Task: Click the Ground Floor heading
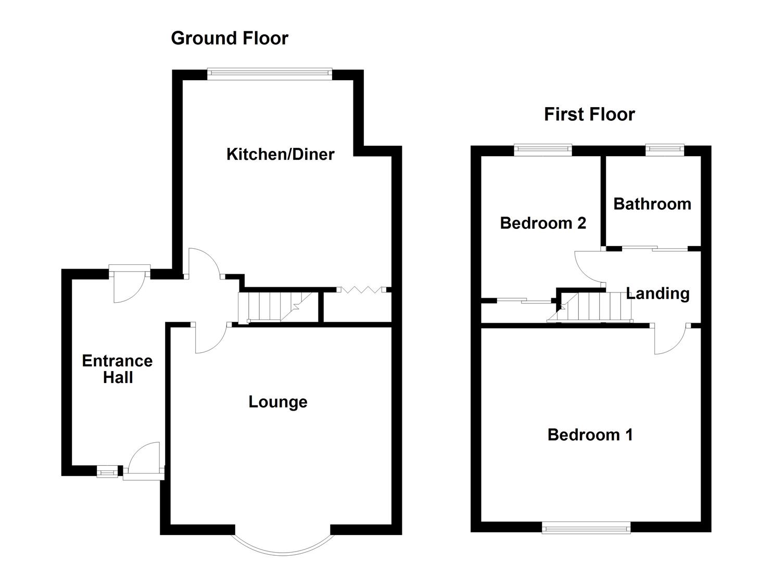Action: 229,38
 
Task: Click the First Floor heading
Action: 589,114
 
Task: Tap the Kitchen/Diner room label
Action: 280,154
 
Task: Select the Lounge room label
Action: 277,402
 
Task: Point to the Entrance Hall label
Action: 117,369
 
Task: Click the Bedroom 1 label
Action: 590,435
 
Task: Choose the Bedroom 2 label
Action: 543,223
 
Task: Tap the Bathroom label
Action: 652,203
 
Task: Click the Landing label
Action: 658,293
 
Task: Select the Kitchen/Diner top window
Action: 269,74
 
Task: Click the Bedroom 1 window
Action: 586,528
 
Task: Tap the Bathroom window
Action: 665,150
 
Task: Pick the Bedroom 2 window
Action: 543,150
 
